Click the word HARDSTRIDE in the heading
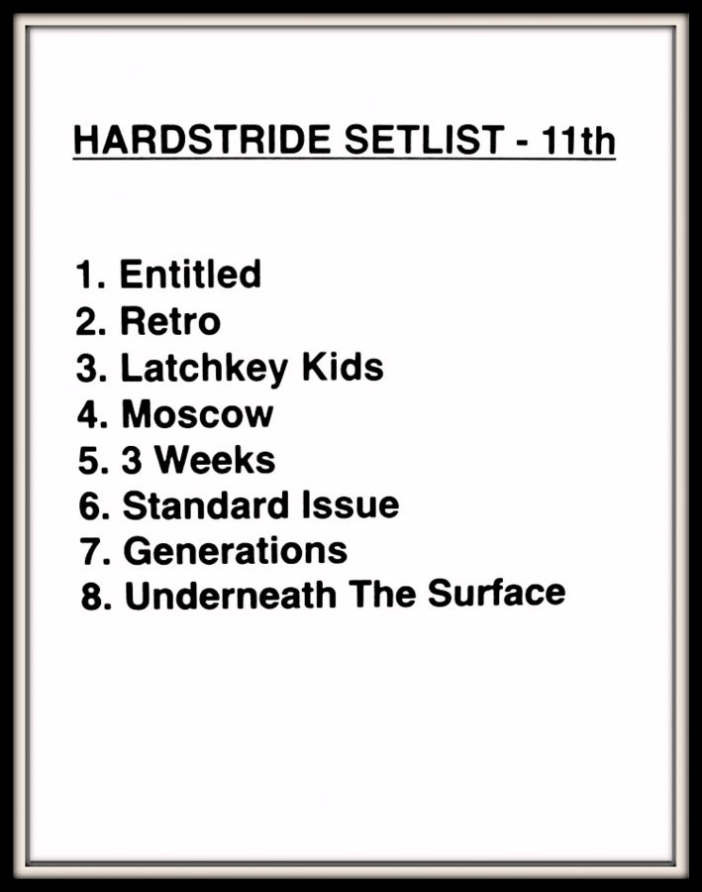(202, 140)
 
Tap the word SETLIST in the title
(424, 140)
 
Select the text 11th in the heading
(577, 140)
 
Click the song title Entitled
(190, 274)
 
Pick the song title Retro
(170, 321)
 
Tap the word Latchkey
(204, 369)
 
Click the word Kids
(343, 367)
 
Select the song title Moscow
(197, 413)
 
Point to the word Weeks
(215, 459)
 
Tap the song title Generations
(236, 550)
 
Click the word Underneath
(231, 595)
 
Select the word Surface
(496, 593)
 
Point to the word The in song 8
(382, 594)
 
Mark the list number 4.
(91, 413)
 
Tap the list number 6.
(93, 504)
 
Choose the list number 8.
(95, 597)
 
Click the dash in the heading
(522, 142)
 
